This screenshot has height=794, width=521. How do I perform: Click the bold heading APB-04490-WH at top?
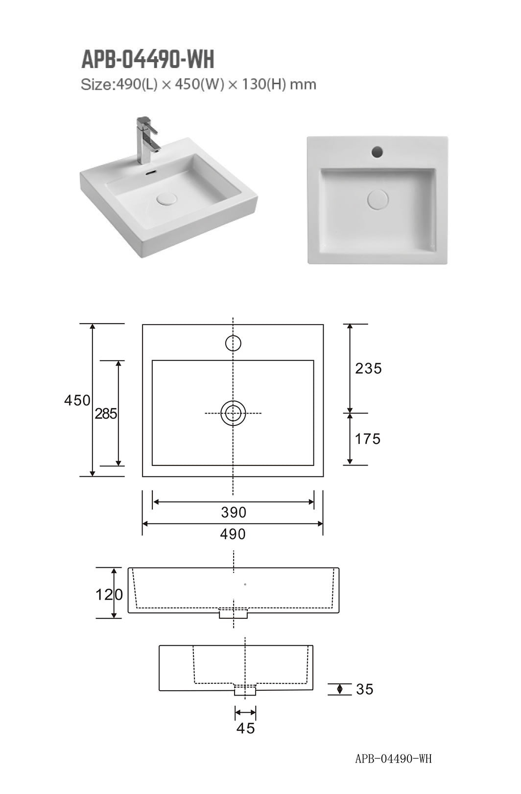pos(147,60)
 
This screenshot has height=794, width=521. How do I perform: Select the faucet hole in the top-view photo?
pos(377,151)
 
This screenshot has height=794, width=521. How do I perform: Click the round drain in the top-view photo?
pos(378,199)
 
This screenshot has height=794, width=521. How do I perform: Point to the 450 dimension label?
pos(77,400)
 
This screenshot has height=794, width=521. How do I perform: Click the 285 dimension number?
pos(106,414)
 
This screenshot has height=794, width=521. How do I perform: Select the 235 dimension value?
pos(368,368)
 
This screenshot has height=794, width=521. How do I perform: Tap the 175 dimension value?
pos(368,439)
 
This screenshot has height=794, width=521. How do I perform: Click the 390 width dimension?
pos(234,513)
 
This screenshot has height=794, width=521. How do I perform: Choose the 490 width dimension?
pos(233,534)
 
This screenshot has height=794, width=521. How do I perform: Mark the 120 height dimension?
pos(109,595)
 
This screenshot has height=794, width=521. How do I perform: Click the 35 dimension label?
pos(365,689)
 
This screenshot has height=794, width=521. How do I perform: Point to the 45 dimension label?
pos(246,728)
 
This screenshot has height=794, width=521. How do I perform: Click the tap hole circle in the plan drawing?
pos(233,344)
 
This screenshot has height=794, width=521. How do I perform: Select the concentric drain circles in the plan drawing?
pos(233,413)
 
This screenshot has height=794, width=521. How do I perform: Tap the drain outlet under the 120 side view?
pos(234,613)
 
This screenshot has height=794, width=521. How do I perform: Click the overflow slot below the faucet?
pos(151,172)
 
